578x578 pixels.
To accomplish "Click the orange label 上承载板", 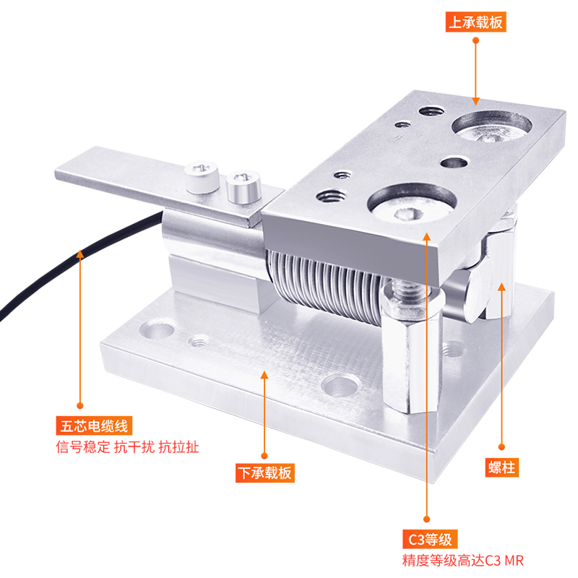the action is coord(475,22).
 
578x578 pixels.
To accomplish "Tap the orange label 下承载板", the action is coord(265,473).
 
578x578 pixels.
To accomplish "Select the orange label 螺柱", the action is coord(501,467).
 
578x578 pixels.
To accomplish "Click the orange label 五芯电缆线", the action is coord(94,426).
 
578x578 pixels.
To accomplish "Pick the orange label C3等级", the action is coord(430,539).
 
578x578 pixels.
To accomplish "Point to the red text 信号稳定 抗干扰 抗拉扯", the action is coord(128,447).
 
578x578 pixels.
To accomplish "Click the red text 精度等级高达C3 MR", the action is coord(462,561).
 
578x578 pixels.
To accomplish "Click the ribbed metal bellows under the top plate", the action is coord(328,284).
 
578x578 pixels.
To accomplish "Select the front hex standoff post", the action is coord(411,350).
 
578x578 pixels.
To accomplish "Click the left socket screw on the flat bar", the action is coord(202,176).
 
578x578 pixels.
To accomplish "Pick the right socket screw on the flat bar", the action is coord(243,186).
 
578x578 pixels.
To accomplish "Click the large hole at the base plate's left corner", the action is coord(158,329).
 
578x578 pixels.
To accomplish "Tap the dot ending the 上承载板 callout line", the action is coord(476,40).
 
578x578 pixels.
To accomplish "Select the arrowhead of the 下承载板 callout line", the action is coord(264,374).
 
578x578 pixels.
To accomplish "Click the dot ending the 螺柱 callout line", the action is coord(501,447).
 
